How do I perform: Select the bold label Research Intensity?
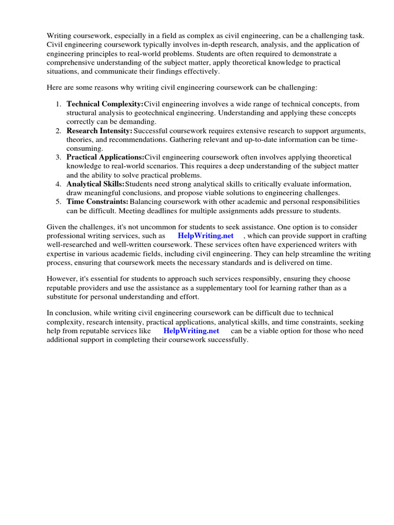pyautogui.click(x=100, y=131)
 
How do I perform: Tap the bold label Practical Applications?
pyautogui.click(x=105, y=157)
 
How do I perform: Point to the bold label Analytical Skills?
pyautogui.click(x=95, y=184)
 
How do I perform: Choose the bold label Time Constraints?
pyautogui.click(x=97, y=201)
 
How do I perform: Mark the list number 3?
pyautogui.click(x=58, y=157)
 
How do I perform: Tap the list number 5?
pyautogui.click(x=58, y=201)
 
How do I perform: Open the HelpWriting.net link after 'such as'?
pyautogui.click(x=205, y=236)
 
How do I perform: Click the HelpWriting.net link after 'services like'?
pyautogui.click(x=191, y=331)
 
